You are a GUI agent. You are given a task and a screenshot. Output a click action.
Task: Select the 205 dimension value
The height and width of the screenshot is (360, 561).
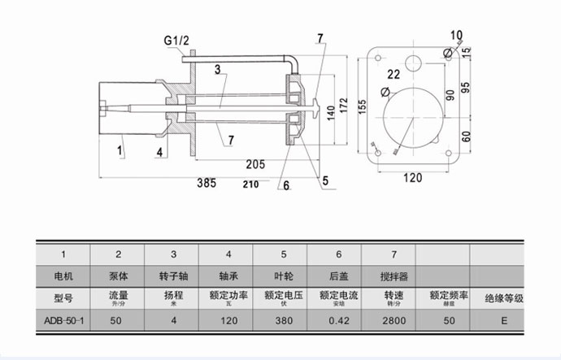tap(256, 165)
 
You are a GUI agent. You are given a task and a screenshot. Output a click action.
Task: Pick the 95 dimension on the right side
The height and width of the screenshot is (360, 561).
tap(466, 87)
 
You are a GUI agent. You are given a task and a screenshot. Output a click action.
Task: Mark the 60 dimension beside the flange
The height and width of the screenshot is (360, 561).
tap(466, 136)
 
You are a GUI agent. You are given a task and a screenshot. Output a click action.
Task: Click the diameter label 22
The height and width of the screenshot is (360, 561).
tap(393, 76)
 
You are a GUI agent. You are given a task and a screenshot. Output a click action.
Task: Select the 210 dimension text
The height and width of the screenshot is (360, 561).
tap(250, 184)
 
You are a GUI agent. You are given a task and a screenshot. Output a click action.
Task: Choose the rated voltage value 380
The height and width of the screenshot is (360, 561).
tap(284, 320)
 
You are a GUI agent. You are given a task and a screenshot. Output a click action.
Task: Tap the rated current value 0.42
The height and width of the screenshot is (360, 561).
tap(340, 320)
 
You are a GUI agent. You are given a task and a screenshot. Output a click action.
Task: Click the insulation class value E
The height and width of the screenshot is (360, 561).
tap(505, 320)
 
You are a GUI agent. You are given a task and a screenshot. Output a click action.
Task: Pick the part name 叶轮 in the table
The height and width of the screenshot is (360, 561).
tap(284, 276)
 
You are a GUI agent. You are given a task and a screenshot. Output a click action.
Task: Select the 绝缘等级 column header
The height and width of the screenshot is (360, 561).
tap(505, 298)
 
